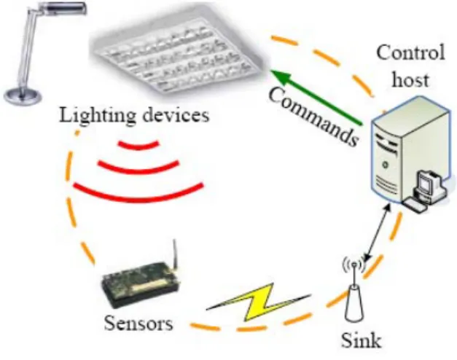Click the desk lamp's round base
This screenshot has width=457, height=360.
(x=23, y=95)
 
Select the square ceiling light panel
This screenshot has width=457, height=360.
(x=179, y=54)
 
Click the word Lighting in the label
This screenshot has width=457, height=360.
(x=98, y=116)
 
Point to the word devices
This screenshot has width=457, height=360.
(x=176, y=114)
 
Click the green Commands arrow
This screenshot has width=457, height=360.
(x=317, y=98)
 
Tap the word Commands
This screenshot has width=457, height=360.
(x=313, y=117)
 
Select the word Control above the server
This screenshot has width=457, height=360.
(x=410, y=52)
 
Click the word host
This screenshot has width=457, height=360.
(x=410, y=79)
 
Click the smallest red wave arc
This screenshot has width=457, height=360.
(x=138, y=145)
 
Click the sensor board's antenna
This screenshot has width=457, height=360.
(x=175, y=254)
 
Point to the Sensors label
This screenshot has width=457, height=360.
(x=138, y=324)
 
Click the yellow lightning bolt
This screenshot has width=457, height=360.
(x=259, y=303)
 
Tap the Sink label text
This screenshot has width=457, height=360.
(x=362, y=340)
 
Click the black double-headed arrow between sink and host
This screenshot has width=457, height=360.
(x=378, y=233)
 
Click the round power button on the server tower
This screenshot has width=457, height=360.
(x=386, y=165)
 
